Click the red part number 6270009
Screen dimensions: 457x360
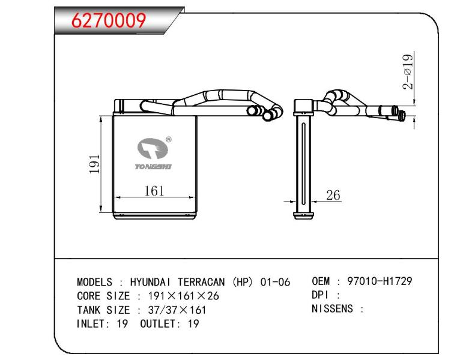click(109, 20)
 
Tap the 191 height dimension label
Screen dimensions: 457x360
click(95, 164)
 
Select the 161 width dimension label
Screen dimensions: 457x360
click(154, 191)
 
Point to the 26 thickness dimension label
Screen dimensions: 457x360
click(333, 195)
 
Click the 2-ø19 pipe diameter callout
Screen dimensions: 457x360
click(408, 71)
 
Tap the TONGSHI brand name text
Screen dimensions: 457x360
click(153, 167)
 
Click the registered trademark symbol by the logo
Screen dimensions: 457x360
click(169, 140)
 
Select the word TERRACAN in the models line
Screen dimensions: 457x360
click(201, 282)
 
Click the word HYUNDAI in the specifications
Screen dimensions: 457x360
click(151, 282)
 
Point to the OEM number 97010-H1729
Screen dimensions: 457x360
click(380, 281)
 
